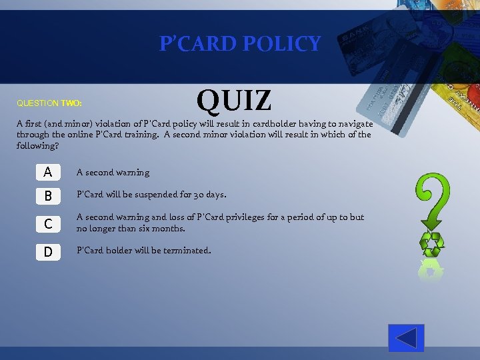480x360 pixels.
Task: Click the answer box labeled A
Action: click(47, 172)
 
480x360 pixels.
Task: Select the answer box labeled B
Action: click(47, 196)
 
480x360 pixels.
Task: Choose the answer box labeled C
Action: click(47, 224)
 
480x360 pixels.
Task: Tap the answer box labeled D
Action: click(47, 251)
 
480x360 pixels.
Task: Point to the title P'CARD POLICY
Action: click(240, 44)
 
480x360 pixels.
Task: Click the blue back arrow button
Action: click(406, 338)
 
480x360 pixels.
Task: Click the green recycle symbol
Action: click(431, 244)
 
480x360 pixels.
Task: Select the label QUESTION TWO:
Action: click(49, 103)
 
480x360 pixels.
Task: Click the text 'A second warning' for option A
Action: click(113, 173)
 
